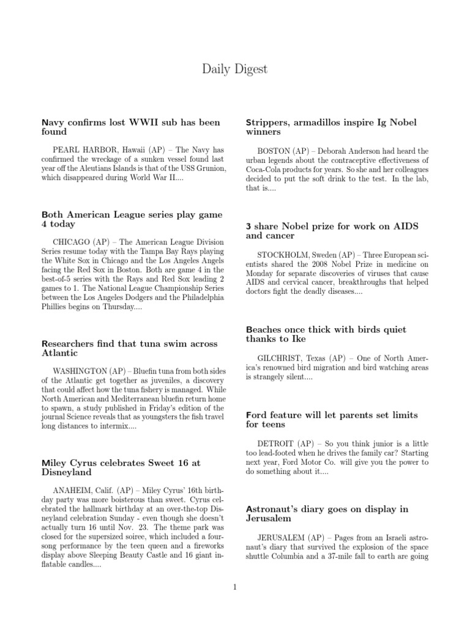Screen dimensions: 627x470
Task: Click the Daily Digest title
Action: point(234,69)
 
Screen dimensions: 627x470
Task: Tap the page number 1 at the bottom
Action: point(234,587)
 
